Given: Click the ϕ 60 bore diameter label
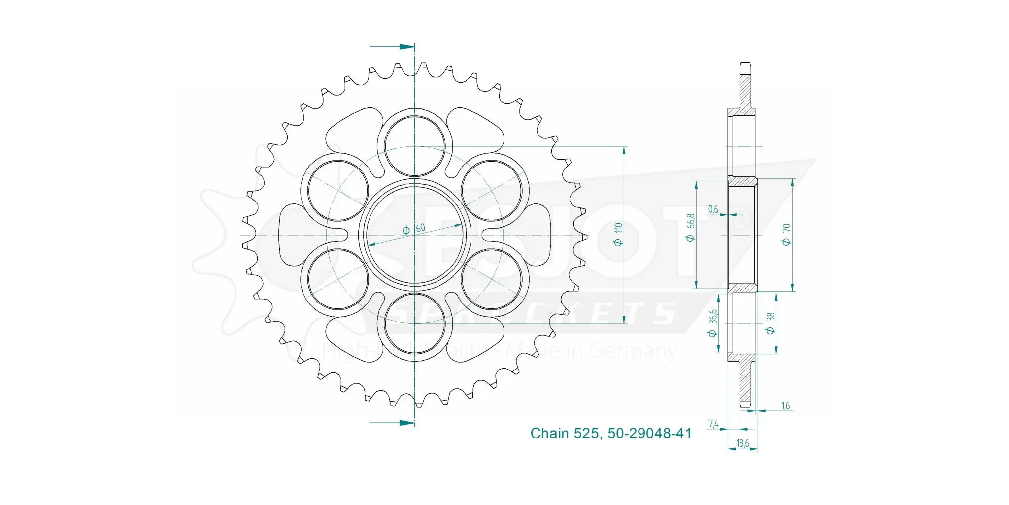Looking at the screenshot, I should coord(414,229).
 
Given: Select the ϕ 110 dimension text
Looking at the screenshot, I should coord(618,235).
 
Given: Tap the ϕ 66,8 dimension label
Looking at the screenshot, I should coord(691,227).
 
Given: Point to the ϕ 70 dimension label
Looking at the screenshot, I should coord(786,235).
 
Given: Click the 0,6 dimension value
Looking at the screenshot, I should coord(713,209).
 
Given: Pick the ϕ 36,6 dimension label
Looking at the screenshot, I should coord(712,323).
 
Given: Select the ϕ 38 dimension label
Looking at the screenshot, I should coord(771,323).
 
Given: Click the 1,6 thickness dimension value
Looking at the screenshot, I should coord(785,405).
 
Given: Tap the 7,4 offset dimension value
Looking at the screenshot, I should coord(713,424).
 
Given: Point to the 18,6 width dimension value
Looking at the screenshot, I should coord(742,443).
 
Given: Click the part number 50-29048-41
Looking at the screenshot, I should coord(649,433).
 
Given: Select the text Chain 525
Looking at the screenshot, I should coord(564,433).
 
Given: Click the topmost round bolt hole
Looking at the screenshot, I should coord(414,146).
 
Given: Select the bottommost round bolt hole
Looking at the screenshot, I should coord(414,324).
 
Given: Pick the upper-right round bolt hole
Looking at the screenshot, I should coord(492,190).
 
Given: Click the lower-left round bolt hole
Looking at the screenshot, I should coord(337,279).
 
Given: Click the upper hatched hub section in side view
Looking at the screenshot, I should coord(742,182).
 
